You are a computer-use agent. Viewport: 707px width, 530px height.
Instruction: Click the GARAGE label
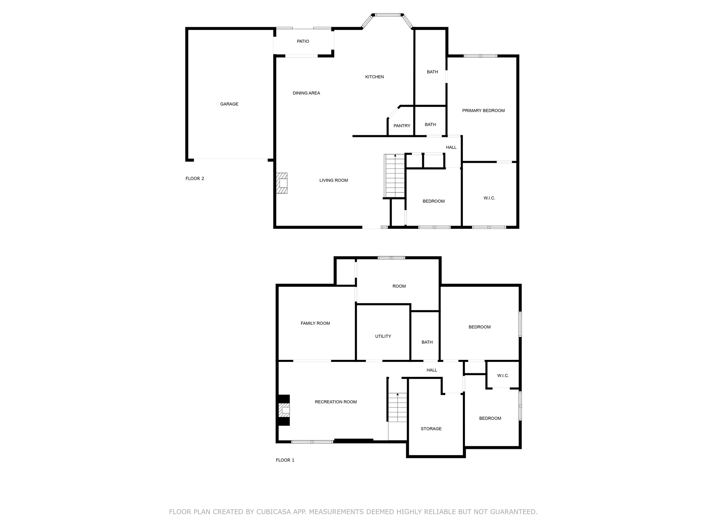tap(229, 104)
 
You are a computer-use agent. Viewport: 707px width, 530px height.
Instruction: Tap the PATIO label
tap(303, 41)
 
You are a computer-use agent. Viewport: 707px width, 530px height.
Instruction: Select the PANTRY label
tap(402, 126)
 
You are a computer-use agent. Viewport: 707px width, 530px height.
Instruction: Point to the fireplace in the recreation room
tap(284, 410)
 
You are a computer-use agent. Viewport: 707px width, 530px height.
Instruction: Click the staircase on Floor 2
tap(395, 176)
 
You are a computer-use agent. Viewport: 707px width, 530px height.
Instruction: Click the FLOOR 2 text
tap(195, 178)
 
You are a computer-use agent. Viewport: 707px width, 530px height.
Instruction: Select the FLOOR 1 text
tap(285, 460)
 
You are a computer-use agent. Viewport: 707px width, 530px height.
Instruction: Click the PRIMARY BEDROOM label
tap(483, 110)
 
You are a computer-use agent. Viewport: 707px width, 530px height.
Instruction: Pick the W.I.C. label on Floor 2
tap(489, 198)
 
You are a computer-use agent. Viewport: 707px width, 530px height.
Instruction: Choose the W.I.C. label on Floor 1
tap(503, 375)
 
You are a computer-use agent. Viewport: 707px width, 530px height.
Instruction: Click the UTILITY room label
tap(383, 336)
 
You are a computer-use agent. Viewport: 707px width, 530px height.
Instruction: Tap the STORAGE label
tap(431, 429)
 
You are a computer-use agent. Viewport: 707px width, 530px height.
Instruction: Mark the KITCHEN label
tap(374, 77)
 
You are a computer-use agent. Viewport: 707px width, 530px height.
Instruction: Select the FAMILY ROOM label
tap(315, 323)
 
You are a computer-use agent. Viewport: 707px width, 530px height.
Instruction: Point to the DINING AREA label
tap(306, 93)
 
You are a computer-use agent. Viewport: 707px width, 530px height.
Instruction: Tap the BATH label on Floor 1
tap(427, 342)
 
